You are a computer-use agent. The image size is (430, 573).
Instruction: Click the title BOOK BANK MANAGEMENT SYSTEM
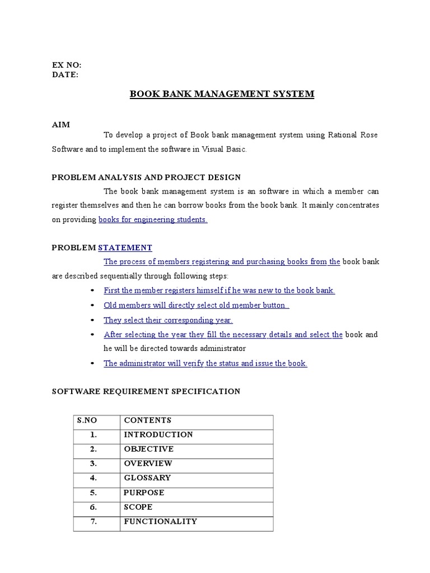coord(222,94)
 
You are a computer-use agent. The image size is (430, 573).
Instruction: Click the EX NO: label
coord(67,65)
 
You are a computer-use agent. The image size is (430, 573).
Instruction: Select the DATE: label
coord(66,74)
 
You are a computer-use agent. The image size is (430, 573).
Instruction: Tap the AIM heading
coord(60,125)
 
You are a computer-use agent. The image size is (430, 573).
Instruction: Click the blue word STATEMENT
coord(125,247)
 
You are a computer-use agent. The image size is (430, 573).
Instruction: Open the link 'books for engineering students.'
coord(153,220)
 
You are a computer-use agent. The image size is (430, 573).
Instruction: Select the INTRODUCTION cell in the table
coord(158,435)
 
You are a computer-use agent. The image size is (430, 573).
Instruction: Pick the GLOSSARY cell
coord(147,478)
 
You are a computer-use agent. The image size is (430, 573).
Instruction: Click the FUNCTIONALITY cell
coord(161,522)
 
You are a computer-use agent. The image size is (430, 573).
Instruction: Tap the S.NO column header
coord(87,420)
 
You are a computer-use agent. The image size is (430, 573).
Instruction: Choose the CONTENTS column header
coord(148,420)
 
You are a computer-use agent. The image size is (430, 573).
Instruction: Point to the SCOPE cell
coord(138,507)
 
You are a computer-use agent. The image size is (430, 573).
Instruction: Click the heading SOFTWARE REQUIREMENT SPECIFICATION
coord(146,392)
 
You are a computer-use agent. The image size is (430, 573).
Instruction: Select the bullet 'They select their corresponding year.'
coord(168,321)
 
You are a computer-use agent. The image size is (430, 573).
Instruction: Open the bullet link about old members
coord(197,306)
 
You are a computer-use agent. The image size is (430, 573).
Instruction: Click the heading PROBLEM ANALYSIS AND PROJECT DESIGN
coord(146,177)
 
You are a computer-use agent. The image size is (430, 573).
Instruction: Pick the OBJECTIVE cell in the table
coord(149,449)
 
